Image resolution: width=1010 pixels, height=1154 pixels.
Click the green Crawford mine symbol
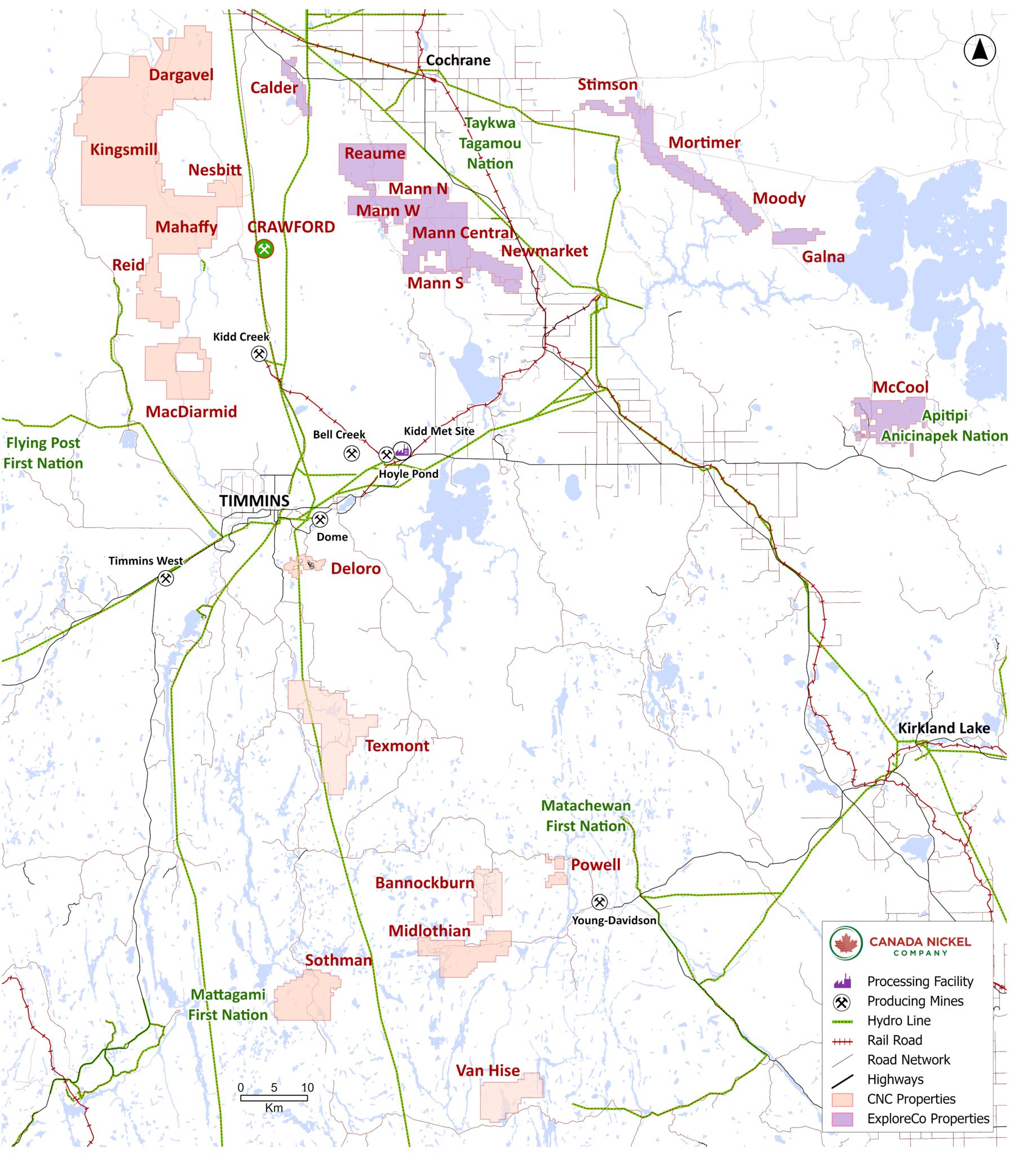click(x=264, y=248)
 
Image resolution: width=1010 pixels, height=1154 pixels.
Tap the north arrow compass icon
click(x=980, y=50)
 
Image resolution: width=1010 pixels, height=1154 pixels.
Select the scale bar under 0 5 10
click(x=274, y=1098)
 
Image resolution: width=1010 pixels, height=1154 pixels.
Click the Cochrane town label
click(x=458, y=60)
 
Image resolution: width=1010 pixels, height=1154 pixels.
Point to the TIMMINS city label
click(x=254, y=500)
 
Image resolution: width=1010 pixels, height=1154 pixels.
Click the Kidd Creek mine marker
click(x=259, y=354)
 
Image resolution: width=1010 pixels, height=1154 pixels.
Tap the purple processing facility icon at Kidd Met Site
click(x=402, y=450)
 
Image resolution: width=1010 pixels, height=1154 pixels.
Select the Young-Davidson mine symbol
click(x=599, y=902)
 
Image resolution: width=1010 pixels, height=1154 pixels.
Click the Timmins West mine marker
click(x=165, y=578)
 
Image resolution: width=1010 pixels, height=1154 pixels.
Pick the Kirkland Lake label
click(x=943, y=728)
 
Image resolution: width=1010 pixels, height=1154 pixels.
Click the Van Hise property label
click(x=488, y=1071)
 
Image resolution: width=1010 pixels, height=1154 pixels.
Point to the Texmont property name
click(x=397, y=745)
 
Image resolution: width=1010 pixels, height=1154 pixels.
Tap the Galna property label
click(x=823, y=257)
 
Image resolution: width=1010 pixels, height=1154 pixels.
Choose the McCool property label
click(x=900, y=387)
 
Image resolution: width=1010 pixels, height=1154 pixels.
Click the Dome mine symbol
click(x=320, y=520)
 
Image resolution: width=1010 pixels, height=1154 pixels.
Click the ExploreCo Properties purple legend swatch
click(x=842, y=1119)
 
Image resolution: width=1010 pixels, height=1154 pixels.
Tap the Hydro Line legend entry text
click(x=898, y=1020)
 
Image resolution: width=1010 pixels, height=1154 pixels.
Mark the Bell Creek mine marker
click(x=352, y=453)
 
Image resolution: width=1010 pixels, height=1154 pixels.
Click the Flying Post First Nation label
click(x=43, y=453)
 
